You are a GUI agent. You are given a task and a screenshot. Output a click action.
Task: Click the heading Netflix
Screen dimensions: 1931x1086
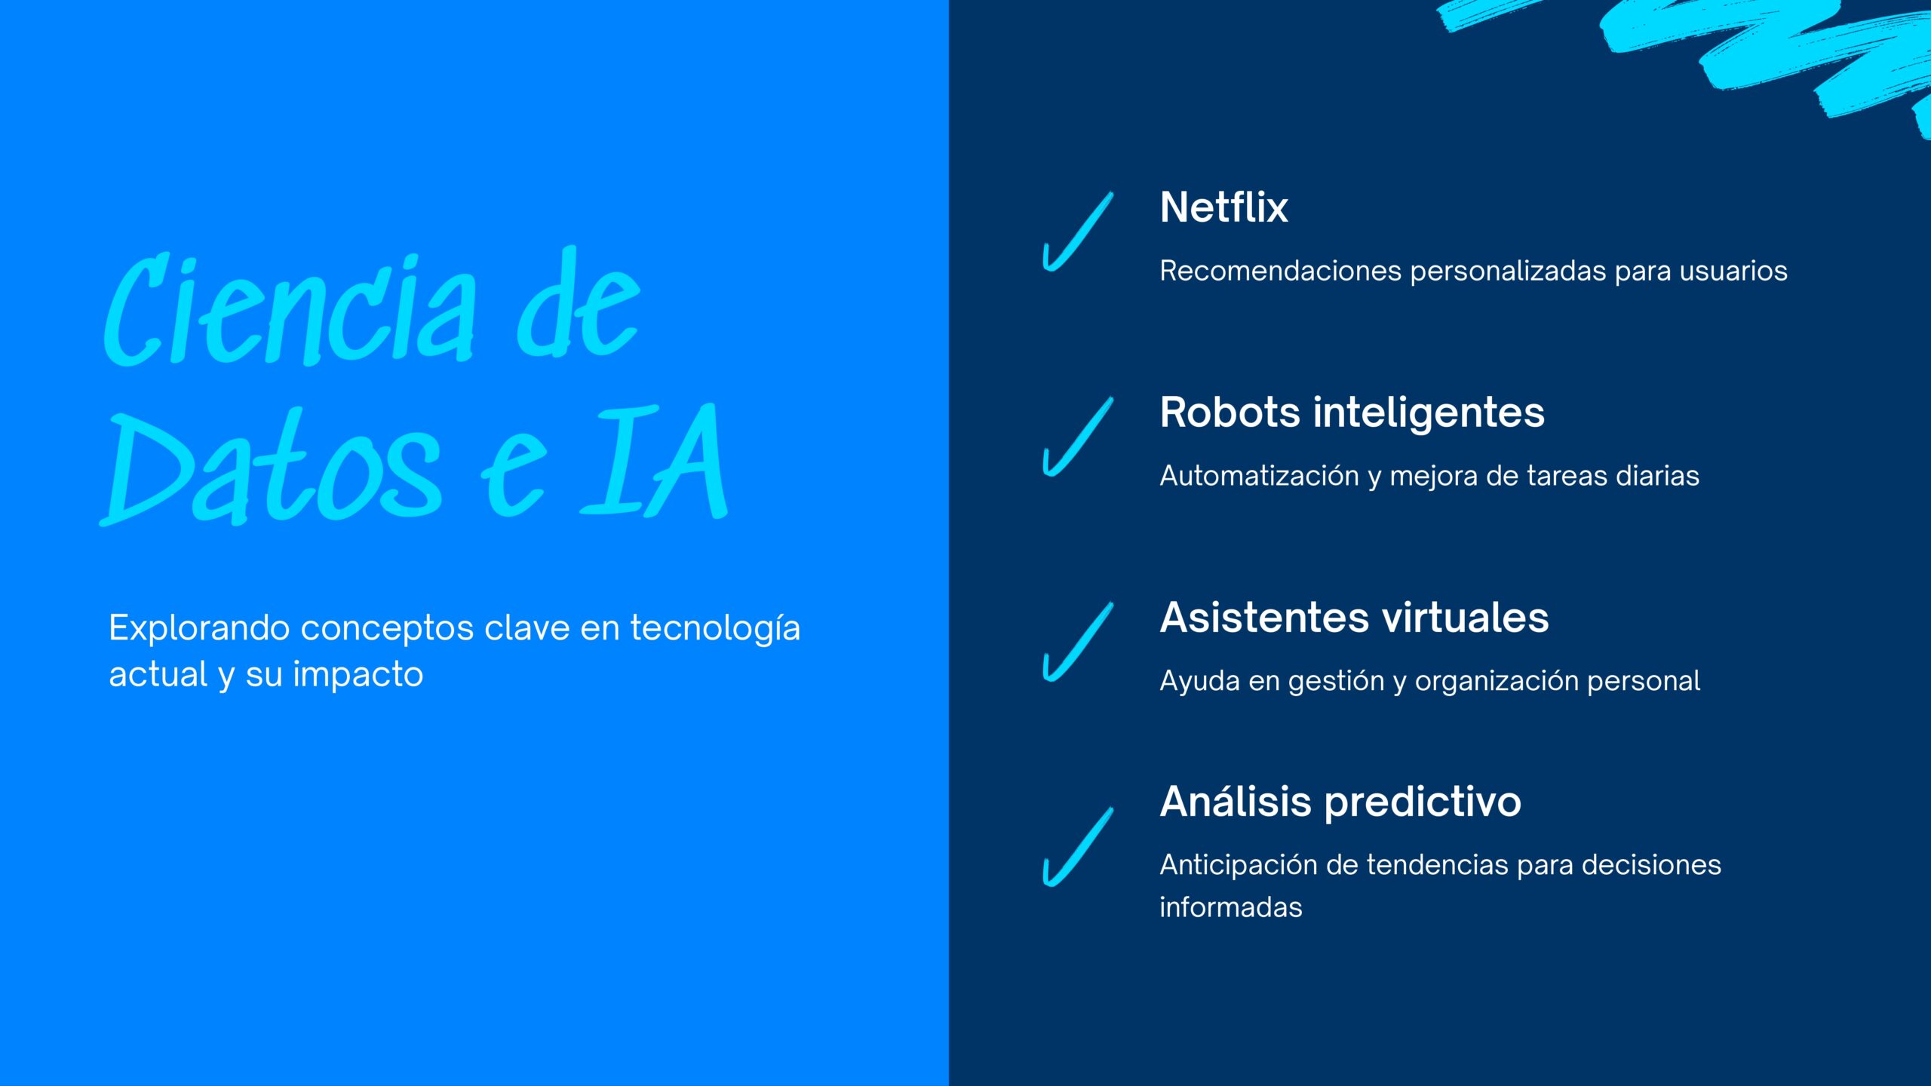[x=1223, y=207]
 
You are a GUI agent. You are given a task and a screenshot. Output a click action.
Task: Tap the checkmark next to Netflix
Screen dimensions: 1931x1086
[x=1077, y=232]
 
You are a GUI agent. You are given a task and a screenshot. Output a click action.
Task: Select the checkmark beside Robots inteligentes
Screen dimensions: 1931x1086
[x=1077, y=437]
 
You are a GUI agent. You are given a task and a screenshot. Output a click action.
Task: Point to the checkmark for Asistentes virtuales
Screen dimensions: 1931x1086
[x=1077, y=643]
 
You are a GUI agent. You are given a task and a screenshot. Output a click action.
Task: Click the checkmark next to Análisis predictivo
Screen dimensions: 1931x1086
[x=1077, y=848]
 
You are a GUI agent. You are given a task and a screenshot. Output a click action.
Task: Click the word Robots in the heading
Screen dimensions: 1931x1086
[x=1230, y=413]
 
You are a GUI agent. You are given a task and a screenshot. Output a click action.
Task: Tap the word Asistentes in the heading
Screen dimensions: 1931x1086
[x=1264, y=618]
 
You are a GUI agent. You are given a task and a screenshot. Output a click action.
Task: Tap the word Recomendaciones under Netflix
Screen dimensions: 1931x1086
[x=1280, y=271]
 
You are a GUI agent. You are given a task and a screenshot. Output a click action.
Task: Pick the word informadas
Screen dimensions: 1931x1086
[x=1231, y=907]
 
